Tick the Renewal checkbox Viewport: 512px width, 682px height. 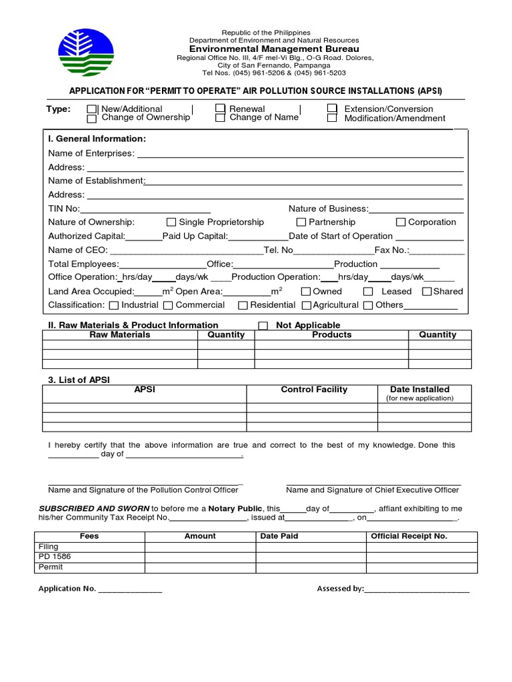point(220,109)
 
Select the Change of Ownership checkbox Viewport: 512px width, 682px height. point(92,119)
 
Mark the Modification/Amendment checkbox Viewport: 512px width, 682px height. point(332,119)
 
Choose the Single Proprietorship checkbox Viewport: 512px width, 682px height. point(171,222)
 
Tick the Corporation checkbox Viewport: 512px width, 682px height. point(401,222)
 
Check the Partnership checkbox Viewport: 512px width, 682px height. point(301,222)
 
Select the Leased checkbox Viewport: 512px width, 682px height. point(368,292)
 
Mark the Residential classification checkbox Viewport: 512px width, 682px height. point(243,306)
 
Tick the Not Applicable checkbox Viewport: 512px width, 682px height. point(263,326)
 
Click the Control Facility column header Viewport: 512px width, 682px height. point(314,390)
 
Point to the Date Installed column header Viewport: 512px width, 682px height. point(419,390)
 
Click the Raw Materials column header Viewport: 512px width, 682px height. point(120,335)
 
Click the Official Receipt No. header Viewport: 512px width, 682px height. point(409,536)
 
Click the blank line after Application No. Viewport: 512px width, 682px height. point(130,589)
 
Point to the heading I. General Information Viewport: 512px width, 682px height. point(97,139)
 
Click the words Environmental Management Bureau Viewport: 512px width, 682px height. point(274,49)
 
